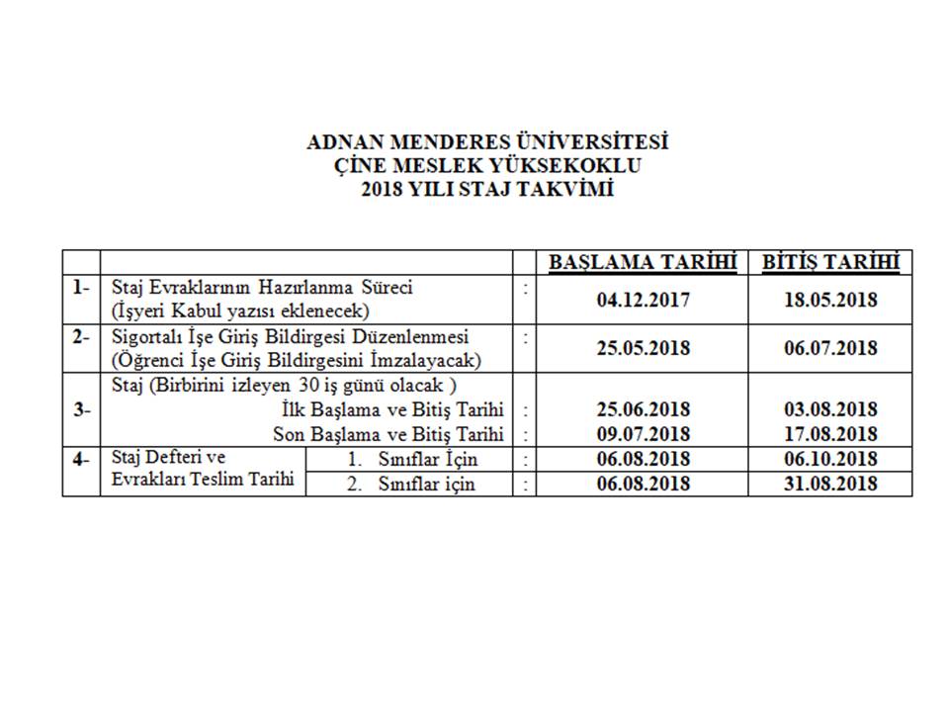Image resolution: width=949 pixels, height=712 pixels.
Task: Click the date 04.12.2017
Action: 644,299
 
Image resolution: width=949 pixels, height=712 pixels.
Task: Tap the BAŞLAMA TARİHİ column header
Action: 644,262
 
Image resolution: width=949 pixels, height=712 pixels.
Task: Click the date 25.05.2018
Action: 644,348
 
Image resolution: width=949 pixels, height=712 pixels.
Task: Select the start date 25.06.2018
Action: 644,409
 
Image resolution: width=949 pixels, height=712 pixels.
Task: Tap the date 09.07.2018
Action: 644,433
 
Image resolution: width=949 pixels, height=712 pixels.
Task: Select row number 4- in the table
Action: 81,459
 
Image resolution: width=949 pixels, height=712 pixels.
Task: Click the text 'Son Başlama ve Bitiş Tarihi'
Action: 388,433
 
